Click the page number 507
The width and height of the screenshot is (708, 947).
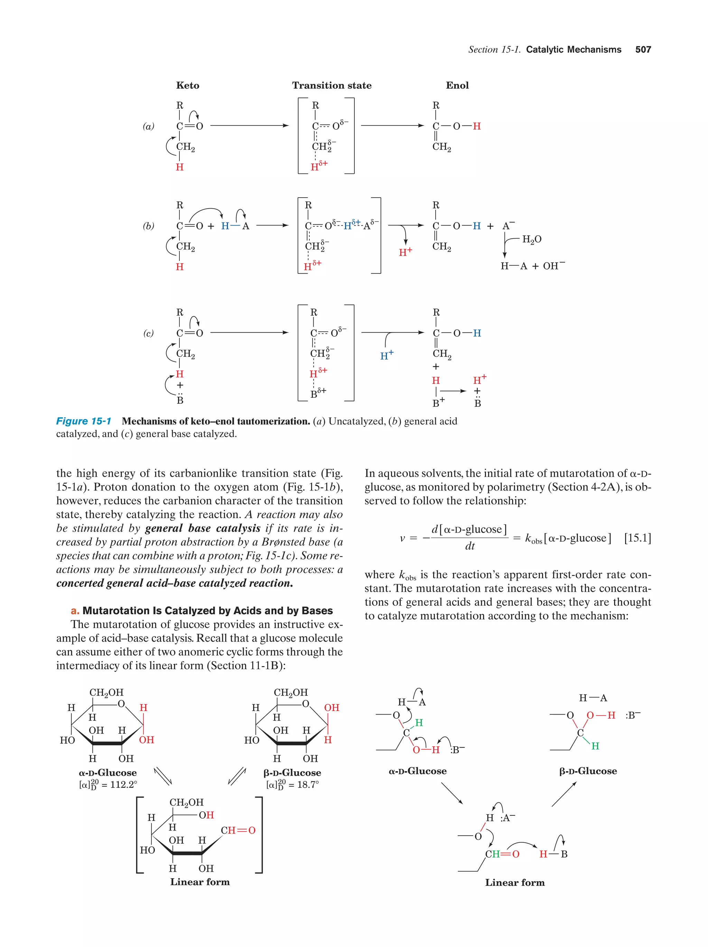(x=643, y=50)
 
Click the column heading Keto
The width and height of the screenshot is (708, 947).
(x=188, y=86)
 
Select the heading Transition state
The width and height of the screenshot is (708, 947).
(x=332, y=86)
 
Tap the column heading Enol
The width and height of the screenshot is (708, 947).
(x=457, y=86)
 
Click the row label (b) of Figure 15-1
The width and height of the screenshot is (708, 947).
(x=148, y=226)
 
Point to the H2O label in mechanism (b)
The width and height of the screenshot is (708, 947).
(x=532, y=239)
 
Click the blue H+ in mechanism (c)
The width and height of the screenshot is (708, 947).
(x=386, y=355)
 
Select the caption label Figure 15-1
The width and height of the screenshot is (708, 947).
(x=84, y=421)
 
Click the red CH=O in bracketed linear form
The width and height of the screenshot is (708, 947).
(x=238, y=831)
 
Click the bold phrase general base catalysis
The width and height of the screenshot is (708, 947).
(x=203, y=528)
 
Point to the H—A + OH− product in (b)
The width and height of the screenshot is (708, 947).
(x=532, y=266)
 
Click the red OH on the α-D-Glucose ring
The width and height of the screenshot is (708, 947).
(x=147, y=740)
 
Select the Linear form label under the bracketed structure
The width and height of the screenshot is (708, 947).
(x=200, y=882)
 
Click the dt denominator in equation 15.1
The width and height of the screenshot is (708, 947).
(x=469, y=546)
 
